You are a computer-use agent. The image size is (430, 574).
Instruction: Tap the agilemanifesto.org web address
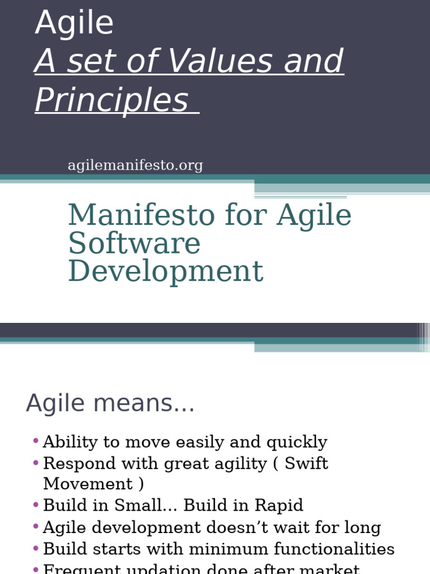pyautogui.click(x=135, y=165)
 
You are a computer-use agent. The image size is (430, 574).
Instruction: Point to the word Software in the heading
pyautogui.click(x=134, y=243)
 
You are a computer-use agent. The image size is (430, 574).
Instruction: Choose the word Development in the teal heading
pyautogui.click(x=165, y=271)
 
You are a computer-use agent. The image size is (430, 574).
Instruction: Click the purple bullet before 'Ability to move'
pyautogui.click(x=36, y=441)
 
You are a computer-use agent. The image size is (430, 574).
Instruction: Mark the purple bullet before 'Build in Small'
pyautogui.click(x=36, y=505)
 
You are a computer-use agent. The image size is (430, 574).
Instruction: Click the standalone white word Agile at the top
pyautogui.click(x=74, y=24)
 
